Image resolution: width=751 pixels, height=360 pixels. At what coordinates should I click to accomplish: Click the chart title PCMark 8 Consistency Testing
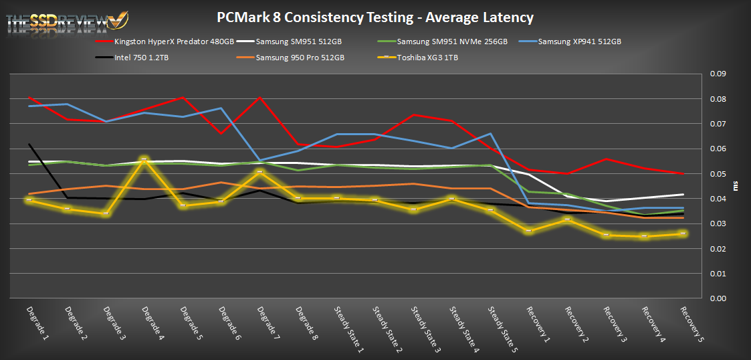click(x=375, y=17)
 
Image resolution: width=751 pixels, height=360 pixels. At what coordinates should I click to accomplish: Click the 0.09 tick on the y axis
click(x=718, y=74)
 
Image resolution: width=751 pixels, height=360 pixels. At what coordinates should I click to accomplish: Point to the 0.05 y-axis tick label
click(x=718, y=174)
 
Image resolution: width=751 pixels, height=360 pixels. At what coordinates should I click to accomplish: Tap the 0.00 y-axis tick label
click(x=718, y=298)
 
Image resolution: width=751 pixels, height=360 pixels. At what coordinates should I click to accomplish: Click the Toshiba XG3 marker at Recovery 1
click(x=528, y=231)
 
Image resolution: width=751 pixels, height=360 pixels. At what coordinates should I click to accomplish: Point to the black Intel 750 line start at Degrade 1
click(x=29, y=144)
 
